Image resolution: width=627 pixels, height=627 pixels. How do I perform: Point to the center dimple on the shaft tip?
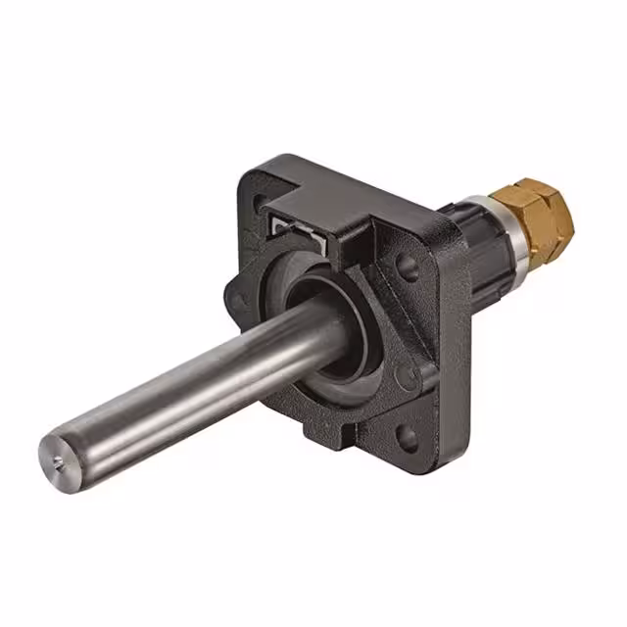coord(56,456)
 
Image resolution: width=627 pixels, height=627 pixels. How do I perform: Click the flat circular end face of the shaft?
coord(58,456)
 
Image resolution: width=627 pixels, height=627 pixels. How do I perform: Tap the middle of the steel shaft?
coord(196,382)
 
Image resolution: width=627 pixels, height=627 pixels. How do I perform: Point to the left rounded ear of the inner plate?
coord(235,290)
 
